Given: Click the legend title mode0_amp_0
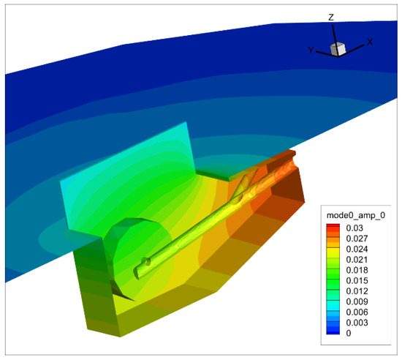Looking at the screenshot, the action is (356, 215).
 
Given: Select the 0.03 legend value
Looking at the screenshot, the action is (354, 228).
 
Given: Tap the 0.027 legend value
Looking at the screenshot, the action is (357, 239).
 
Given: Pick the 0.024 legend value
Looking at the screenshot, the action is (357, 249).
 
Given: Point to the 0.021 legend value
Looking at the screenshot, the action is (357, 260).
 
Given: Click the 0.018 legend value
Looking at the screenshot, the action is (357, 270).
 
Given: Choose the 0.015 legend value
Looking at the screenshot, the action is (357, 280).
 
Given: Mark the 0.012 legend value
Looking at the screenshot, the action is (357, 291).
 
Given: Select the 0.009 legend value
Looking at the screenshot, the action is (357, 301).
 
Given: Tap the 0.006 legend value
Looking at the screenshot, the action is (357, 312).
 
